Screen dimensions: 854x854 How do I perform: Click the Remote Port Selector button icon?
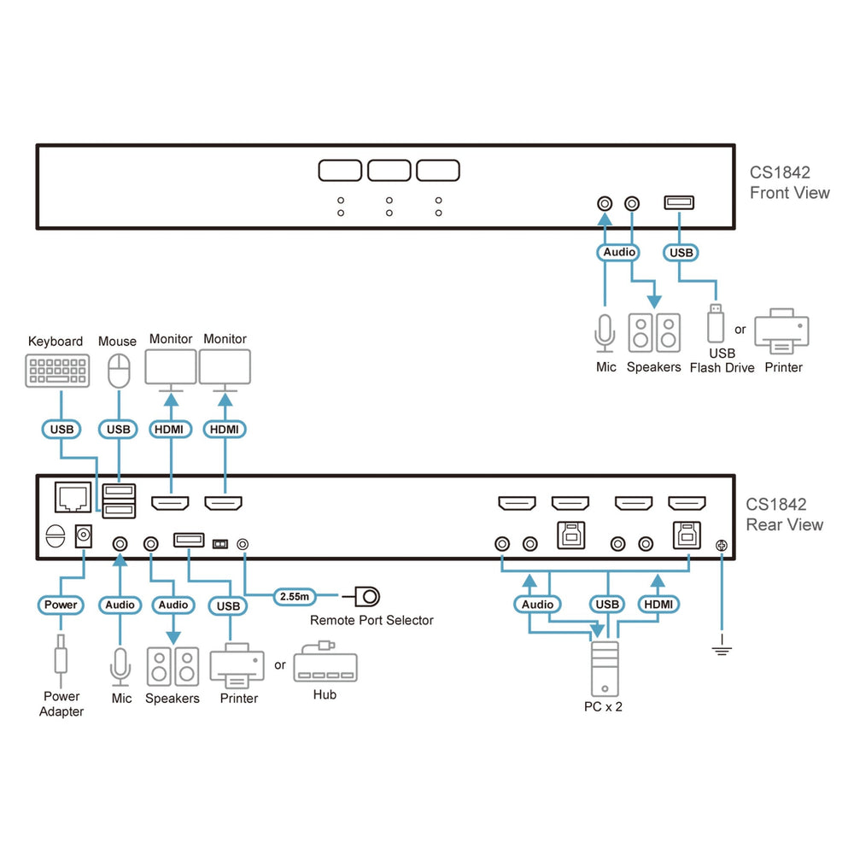367,595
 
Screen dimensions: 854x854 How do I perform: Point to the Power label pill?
61,605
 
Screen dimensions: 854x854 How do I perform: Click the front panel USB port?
679,203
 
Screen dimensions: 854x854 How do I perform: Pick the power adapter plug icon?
61,659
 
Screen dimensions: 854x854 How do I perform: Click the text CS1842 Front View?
789,182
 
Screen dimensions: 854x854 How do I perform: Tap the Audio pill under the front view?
619,252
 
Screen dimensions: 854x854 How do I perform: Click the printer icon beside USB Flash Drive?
781,331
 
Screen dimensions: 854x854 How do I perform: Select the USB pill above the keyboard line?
61,429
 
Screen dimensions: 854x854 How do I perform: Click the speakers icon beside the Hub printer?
173,667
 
